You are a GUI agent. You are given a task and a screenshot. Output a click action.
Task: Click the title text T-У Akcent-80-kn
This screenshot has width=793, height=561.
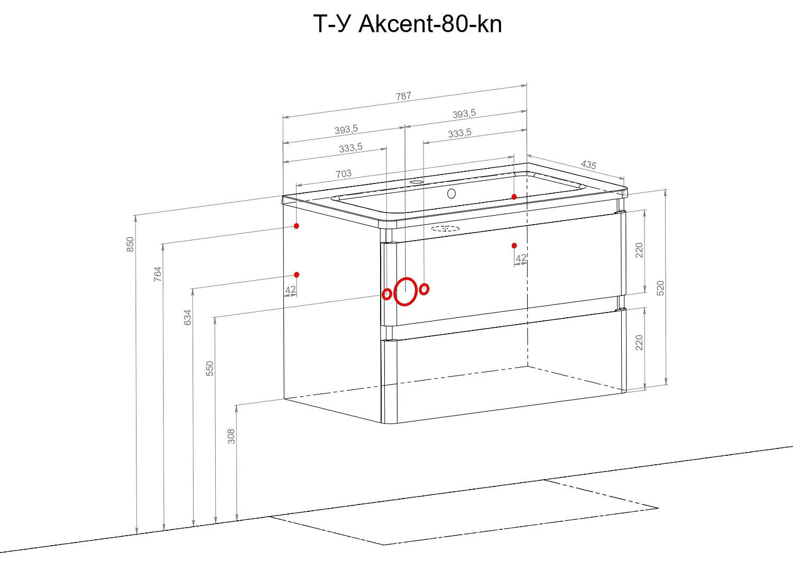click(408, 24)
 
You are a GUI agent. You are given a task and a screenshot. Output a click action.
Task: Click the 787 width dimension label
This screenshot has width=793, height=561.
click(403, 96)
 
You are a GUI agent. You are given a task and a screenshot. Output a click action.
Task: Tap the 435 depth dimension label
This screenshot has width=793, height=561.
click(588, 164)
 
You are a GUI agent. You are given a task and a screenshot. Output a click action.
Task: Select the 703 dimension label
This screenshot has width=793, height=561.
click(344, 173)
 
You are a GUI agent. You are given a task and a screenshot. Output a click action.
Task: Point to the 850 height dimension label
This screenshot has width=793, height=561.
click(130, 244)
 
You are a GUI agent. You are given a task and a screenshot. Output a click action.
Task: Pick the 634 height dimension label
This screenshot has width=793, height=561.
click(187, 317)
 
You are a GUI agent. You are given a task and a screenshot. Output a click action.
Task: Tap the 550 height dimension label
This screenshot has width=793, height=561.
click(209, 369)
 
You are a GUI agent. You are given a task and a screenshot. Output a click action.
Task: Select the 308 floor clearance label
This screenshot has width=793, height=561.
click(231, 436)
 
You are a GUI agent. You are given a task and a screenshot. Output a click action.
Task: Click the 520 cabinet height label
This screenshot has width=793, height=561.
click(660, 288)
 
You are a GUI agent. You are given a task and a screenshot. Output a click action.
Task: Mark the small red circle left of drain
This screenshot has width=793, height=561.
click(386, 294)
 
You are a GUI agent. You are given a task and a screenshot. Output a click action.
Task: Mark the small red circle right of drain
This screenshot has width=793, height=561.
click(424, 289)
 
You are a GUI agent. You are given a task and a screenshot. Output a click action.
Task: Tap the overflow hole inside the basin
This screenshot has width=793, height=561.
click(451, 194)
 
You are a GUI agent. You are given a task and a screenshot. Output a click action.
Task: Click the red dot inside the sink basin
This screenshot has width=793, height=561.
click(514, 197)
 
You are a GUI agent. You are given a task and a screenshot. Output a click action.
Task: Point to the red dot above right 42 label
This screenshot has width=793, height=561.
click(514, 245)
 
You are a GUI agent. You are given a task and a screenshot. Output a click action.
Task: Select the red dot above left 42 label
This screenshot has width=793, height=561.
click(297, 275)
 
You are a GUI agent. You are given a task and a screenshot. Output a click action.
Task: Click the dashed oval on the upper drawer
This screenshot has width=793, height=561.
click(445, 228)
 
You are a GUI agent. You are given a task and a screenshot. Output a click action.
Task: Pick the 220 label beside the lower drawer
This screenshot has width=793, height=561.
click(639, 343)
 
